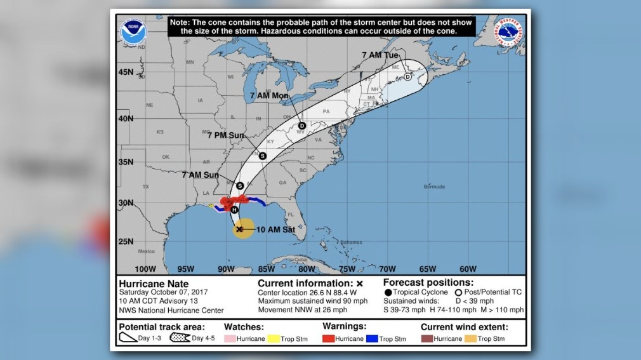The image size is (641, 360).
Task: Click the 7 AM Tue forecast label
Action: tap(381, 55)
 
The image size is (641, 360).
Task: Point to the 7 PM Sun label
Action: tap(225, 135)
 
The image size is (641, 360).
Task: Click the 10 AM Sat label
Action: tap(275, 229)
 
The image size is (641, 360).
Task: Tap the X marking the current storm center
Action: tap(239, 229)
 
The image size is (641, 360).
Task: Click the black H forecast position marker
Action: tap(234, 210)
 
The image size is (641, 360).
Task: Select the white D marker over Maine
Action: tap(407, 77)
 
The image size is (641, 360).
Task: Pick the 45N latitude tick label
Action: tap(126, 72)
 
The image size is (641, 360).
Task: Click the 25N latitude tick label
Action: tap(126, 241)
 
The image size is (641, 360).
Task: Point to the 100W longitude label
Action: tap(145, 269)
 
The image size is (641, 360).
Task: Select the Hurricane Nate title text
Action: tap(154, 283)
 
